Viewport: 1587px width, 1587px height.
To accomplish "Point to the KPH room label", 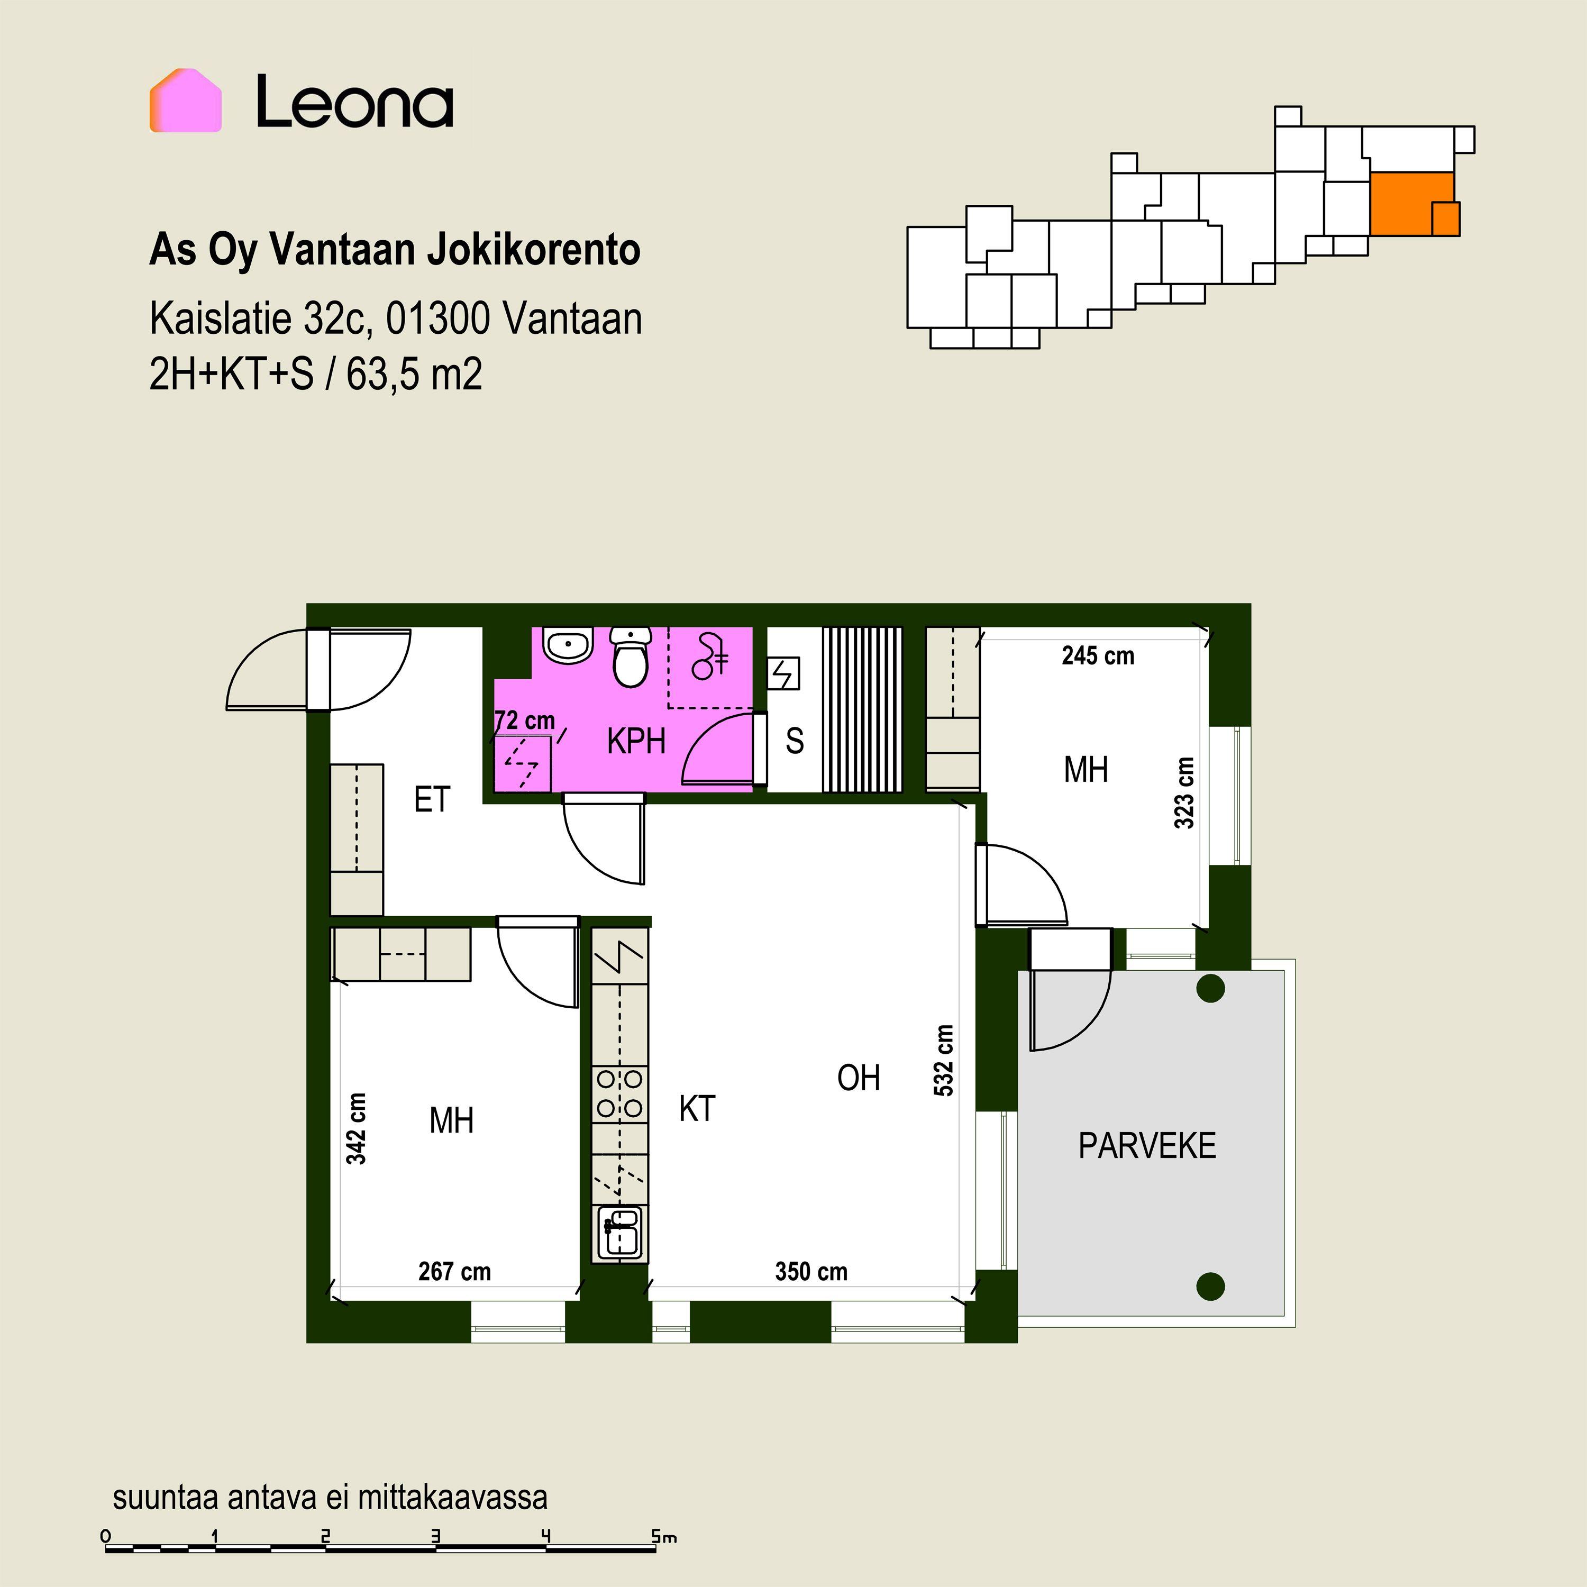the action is click(636, 741).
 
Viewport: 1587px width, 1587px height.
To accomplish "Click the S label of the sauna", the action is click(795, 741).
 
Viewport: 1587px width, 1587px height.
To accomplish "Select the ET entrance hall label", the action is click(432, 799).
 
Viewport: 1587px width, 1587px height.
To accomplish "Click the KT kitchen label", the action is click(697, 1108).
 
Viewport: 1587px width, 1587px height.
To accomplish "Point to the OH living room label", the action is click(859, 1078).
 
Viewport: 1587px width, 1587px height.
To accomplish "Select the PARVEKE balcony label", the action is click(1147, 1146).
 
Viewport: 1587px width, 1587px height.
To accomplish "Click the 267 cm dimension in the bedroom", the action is click(454, 1272).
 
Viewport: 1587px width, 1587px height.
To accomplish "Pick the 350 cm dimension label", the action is click(811, 1272).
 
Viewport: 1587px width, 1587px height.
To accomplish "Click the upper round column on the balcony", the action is click(1211, 988).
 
